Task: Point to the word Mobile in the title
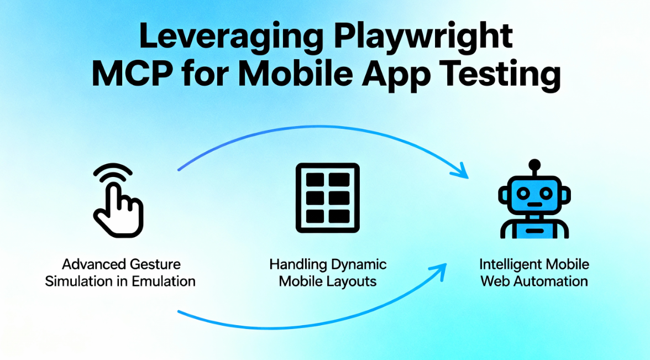291,74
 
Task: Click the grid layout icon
328,197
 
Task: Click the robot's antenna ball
534,164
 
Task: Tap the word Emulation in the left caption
164,281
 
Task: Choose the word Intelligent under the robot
510,264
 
